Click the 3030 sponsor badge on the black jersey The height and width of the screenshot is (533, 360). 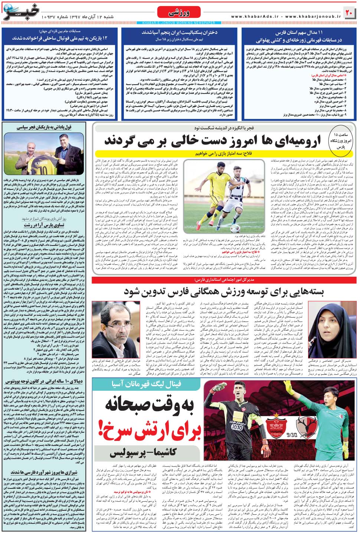coord(236,426)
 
